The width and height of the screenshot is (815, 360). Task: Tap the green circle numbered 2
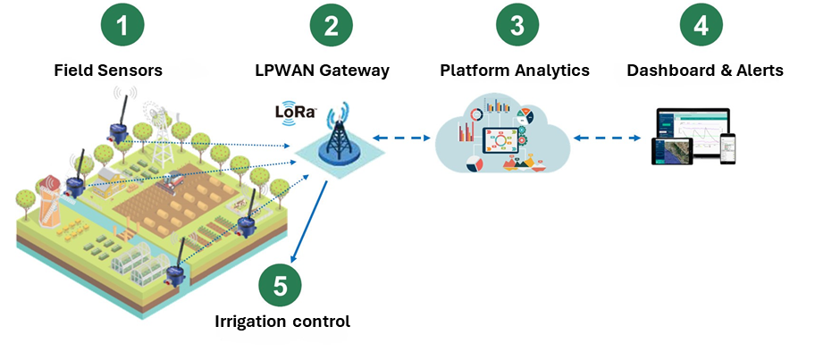point(331,28)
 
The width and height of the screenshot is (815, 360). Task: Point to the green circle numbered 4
point(701,28)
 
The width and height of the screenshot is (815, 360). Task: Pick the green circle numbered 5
point(281,286)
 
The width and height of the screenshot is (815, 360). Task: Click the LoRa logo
point(294,113)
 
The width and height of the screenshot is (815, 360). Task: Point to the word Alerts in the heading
point(757,71)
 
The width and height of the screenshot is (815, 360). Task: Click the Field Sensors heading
point(107,71)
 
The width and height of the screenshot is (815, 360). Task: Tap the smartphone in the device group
point(727,147)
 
